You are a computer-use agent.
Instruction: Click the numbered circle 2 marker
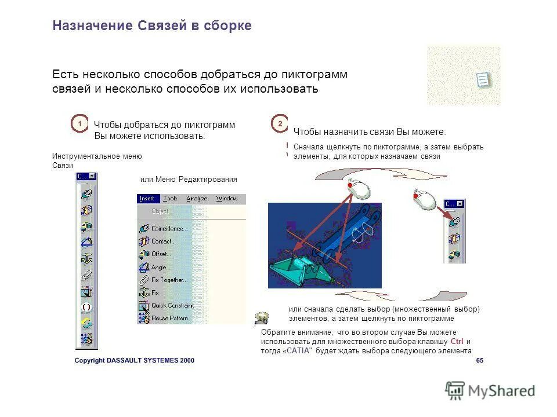tap(280, 124)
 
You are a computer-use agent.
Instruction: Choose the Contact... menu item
tap(162, 242)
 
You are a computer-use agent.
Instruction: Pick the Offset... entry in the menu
tap(161, 254)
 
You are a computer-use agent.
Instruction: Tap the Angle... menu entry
tap(161, 268)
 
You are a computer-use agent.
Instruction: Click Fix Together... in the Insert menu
tap(169, 280)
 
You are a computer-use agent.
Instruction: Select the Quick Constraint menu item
tap(172, 305)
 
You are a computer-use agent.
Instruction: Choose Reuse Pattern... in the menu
tap(171, 319)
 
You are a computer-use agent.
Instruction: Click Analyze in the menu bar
tap(197, 199)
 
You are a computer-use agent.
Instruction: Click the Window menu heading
tap(227, 199)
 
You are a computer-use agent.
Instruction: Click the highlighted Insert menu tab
tap(147, 199)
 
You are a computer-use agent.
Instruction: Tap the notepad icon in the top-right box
tap(483, 79)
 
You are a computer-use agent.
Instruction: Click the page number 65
tap(479, 360)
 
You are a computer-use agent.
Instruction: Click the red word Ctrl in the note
tap(457, 342)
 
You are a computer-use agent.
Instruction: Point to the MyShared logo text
tap(501, 391)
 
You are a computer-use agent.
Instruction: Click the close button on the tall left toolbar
tap(92, 176)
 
